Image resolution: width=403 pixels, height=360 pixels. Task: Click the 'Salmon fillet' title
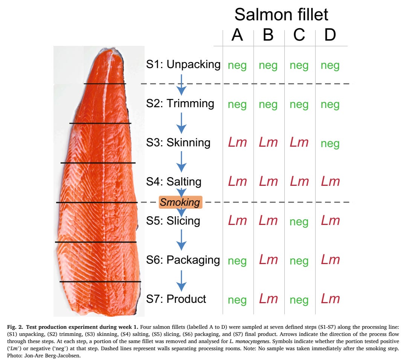[x=281, y=15]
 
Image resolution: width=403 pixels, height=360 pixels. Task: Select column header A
[x=237, y=35]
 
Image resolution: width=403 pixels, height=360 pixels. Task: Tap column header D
[x=330, y=35]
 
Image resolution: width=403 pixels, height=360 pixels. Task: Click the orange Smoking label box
[x=180, y=202]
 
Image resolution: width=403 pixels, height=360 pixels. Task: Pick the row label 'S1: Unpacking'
[x=183, y=64]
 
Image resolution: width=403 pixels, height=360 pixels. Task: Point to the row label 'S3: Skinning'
[x=178, y=143]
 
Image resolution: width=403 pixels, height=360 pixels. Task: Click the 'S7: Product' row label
[x=176, y=299]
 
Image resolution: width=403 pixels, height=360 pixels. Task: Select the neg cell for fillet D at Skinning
[x=330, y=143]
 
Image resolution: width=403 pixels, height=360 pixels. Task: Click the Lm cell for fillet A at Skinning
[x=237, y=143]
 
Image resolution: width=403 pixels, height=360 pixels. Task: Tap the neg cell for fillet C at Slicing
[x=299, y=222]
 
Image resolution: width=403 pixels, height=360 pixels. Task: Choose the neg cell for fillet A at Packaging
[x=237, y=261]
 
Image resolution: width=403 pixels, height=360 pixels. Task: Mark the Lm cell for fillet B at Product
[x=268, y=299]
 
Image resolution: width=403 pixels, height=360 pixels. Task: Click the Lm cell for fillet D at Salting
[x=330, y=182]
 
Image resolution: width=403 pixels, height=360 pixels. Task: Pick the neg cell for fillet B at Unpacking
[x=268, y=65]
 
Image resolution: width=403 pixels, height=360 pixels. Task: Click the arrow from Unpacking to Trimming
[x=182, y=85]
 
